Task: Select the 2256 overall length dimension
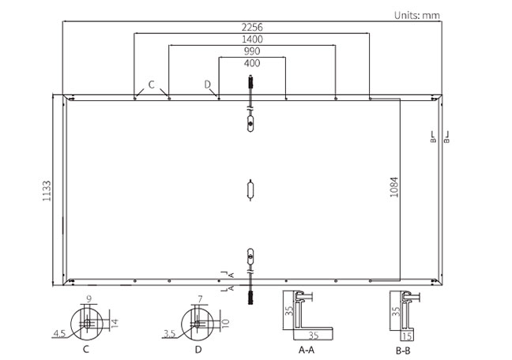click(x=252, y=27)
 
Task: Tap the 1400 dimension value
click(x=252, y=39)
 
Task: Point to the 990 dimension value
click(x=252, y=51)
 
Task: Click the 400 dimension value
click(x=252, y=63)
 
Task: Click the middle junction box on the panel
click(x=251, y=189)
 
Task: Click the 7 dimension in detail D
click(x=201, y=299)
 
